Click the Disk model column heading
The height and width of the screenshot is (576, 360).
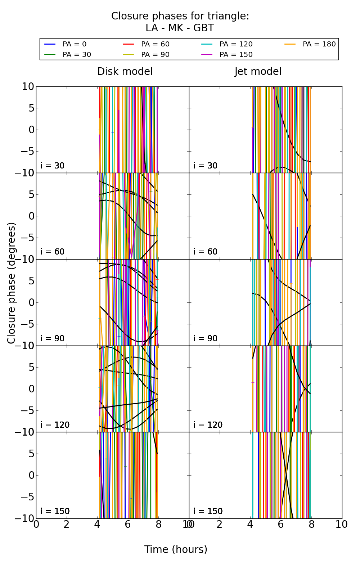125,72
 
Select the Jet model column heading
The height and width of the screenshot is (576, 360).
258,72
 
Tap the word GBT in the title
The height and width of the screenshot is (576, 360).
203,28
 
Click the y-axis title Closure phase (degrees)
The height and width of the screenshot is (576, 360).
12,283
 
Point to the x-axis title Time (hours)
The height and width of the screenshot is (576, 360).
176,549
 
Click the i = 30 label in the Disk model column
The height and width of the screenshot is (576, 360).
53,166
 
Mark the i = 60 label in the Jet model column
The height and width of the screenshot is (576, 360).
206,252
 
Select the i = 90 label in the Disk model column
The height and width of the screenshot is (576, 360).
53,338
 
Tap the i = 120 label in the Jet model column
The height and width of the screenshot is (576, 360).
208,425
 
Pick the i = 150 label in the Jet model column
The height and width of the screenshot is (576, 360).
208,511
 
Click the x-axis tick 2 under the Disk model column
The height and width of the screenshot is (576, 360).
67,525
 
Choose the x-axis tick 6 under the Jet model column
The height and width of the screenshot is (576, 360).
281,525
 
